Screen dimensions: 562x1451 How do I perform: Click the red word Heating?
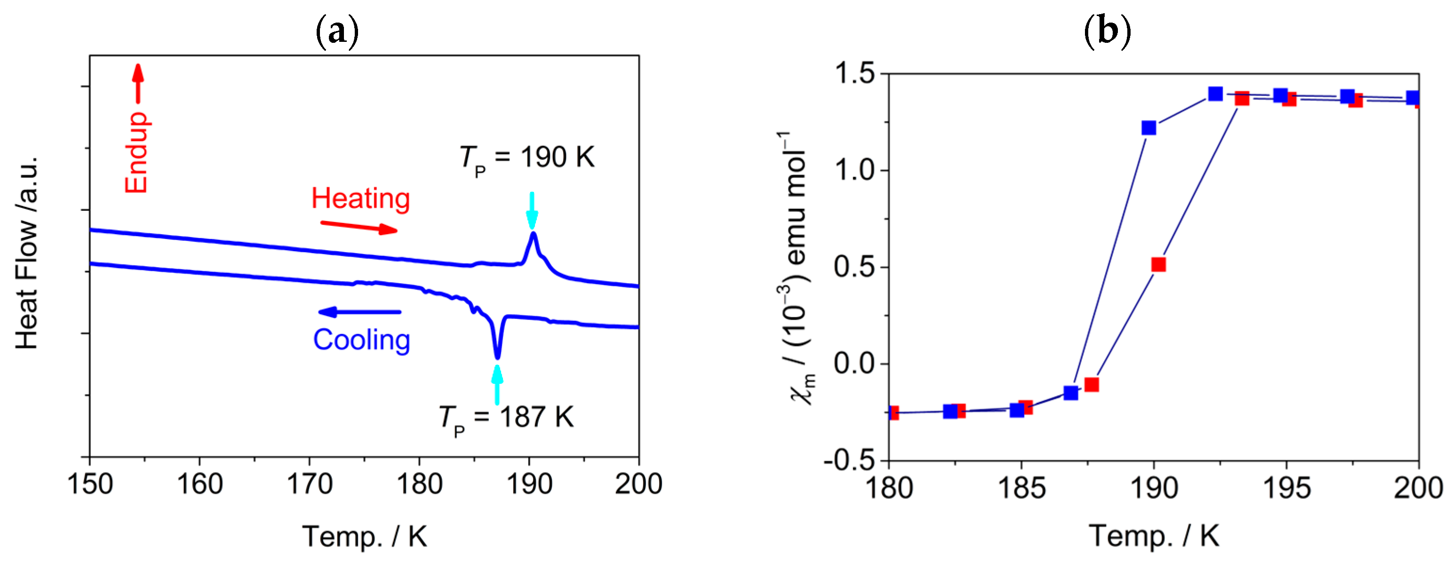(360, 199)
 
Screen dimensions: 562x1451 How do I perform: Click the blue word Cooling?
(362, 340)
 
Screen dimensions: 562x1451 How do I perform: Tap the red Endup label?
(136, 152)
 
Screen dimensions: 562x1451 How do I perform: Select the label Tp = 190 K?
(526, 158)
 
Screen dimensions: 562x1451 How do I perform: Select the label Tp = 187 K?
(506, 418)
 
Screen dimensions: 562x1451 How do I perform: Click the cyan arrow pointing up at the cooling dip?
(497, 385)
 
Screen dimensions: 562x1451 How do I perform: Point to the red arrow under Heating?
(359, 227)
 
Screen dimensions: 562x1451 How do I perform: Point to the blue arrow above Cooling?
(359, 312)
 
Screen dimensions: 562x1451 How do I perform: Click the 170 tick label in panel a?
(309, 484)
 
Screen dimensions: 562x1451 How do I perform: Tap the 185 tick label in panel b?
(1021, 488)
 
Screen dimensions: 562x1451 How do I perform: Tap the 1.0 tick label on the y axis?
(854, 170)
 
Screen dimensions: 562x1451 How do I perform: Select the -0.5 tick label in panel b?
(848, 460)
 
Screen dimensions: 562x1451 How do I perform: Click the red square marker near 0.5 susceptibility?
(1158, 265)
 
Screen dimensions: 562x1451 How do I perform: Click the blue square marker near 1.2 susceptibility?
(1148, 128)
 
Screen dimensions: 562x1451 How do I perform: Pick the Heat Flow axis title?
(27, 253)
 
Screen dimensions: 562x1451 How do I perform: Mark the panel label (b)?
(1108, 31)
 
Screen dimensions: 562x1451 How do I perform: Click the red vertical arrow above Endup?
(138, 83)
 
